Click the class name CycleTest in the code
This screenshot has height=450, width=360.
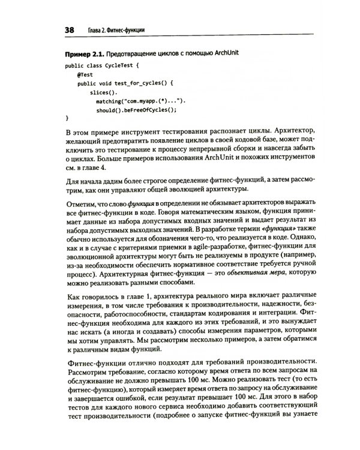pyautogui.click(x=120, y=64)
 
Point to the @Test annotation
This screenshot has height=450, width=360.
pyautogui.click(x=85, y=74)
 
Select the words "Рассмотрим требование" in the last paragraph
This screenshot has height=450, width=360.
pyautogui.click(x=112, y=381)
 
